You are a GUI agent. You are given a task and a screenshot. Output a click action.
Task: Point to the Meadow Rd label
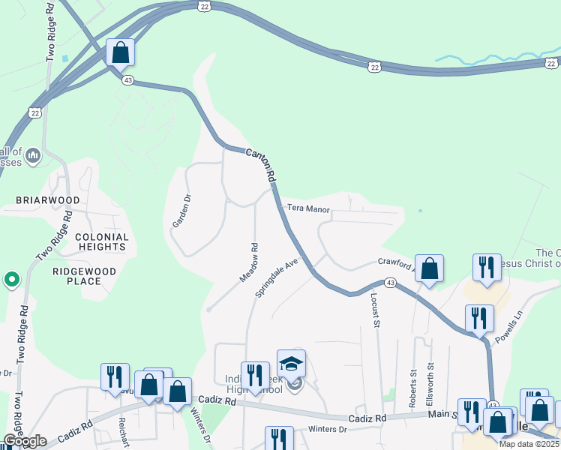249,262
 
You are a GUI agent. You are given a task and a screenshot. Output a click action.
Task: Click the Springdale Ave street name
277,278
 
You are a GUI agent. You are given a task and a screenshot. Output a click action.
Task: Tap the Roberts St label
413,388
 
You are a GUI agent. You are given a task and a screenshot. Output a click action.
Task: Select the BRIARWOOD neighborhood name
48,201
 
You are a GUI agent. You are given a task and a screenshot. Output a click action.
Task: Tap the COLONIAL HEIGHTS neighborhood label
101,241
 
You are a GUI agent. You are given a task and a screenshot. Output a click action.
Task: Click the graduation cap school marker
291,364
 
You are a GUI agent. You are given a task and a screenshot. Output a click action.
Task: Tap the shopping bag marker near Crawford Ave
429,269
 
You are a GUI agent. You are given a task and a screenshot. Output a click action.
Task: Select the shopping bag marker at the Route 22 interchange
120,52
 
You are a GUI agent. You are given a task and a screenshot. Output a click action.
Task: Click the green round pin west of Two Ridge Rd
11,280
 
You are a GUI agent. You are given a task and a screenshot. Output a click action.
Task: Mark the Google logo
25,441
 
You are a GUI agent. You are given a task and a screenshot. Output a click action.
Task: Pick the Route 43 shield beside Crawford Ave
389,282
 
